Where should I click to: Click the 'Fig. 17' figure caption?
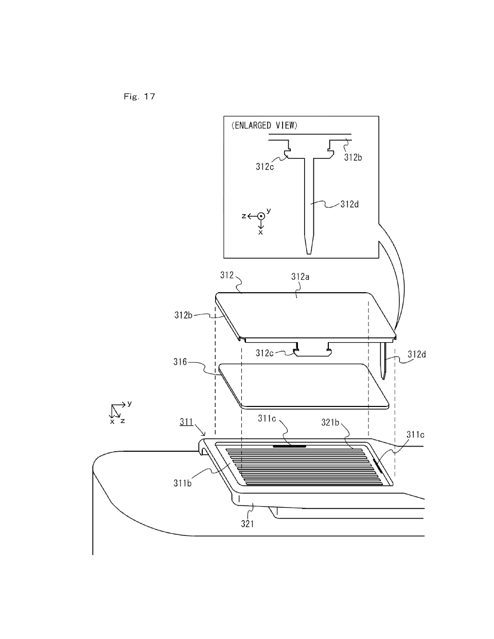coord(139,96)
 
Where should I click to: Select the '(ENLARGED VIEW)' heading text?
coord(264,126)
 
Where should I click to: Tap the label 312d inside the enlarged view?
coord(349,204)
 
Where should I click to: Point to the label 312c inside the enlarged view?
coord(264,167)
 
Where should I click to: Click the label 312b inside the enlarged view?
coord(353,157)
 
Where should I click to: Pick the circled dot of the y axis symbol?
coord(261,216)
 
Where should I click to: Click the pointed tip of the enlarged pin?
coord(309,253)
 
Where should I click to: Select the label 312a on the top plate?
coord(300,276)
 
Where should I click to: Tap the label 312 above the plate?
coord(227,275)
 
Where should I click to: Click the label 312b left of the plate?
coord(183,315)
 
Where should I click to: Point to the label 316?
coord(180,362)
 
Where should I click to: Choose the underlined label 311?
coord(186,422)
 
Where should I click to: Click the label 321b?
coord(330,422)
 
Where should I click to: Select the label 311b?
coord(182,483)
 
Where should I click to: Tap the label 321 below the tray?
coord(248,524)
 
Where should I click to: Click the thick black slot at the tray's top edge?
coord(290,446)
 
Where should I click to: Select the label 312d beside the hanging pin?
coord(417,354)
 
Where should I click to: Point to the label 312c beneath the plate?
coord(264,353)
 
